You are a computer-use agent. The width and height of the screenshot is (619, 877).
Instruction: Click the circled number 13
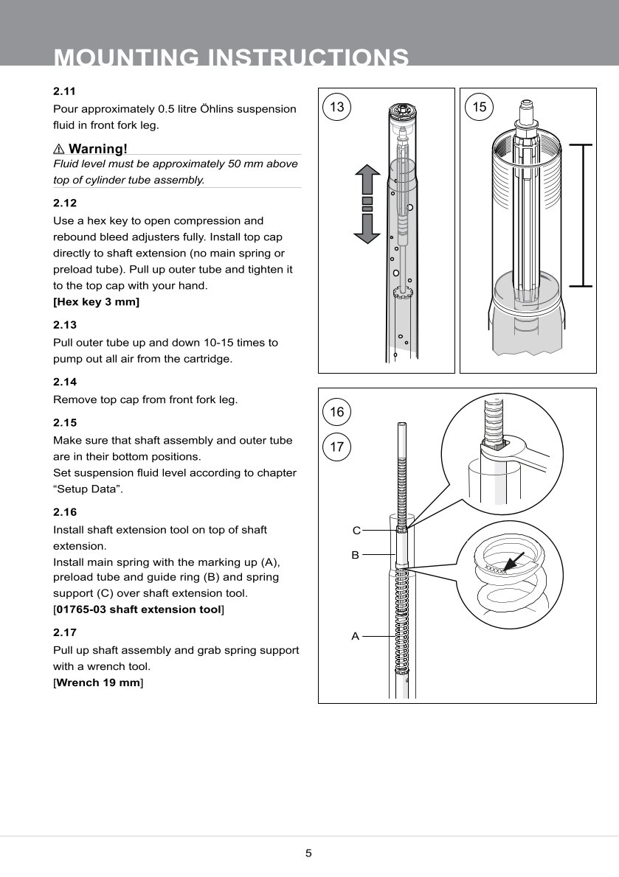[x=337, y=107]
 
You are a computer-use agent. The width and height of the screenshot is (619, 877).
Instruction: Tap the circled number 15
[x=480, y=107]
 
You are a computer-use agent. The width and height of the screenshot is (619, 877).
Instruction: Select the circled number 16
[x=337, y=412]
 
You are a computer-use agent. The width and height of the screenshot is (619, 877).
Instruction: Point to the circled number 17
[x=337, y=447]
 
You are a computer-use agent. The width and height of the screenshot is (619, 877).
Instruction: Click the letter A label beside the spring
[x=355, y=636]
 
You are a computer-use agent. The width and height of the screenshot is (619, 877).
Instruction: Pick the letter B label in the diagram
[x=355, y=554]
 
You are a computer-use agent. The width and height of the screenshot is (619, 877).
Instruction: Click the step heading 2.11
[x=65, y=91]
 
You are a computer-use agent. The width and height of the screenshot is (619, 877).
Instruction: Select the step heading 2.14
[x=65, y=382]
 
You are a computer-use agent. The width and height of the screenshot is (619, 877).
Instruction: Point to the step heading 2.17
[x=65, y=632]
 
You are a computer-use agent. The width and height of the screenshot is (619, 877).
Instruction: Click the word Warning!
[x=97, y=149]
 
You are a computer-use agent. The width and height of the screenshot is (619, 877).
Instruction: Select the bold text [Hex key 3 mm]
[x=96, y=302]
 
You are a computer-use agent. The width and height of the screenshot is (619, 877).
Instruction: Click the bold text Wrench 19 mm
[x=98, y=683]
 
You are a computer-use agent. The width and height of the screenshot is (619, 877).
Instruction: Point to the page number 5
[x=309, y=853]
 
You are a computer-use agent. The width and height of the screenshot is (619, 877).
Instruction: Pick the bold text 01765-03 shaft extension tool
[x=139, y=609]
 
